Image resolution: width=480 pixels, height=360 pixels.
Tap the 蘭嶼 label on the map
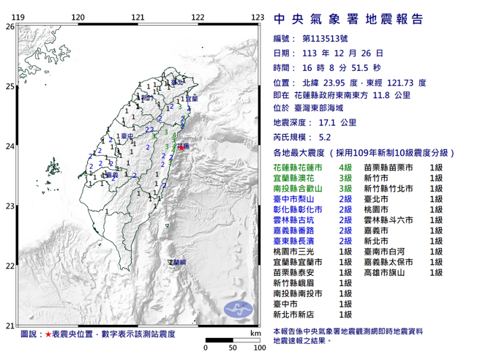click(177, 261)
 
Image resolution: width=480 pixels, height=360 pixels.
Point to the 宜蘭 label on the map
click(191, 98)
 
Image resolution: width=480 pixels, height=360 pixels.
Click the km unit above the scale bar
click(253, 333)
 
